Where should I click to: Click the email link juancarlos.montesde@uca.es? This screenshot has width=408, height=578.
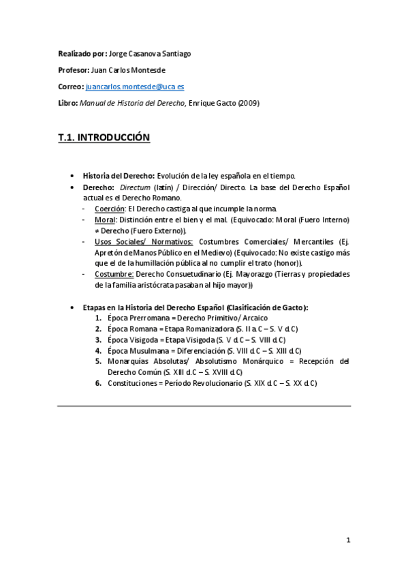[x=135, y=87]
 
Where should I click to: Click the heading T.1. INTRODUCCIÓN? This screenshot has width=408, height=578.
[x=104, y=138]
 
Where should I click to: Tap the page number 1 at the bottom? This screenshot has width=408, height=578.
[x=347, y=541]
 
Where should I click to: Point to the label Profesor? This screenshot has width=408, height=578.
[x=74, y=70]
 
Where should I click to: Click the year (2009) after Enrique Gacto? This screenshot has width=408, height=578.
[x=249, y=104]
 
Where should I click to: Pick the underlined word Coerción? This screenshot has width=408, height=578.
[x=110, y=209]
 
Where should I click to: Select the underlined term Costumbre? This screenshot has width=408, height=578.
[x=115, y=274]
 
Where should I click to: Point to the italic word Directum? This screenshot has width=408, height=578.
[x=134, y=187]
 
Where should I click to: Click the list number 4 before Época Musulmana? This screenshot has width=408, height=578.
[x=99, y=350]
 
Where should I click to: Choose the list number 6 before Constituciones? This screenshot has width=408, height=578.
[x=99, y=383]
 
